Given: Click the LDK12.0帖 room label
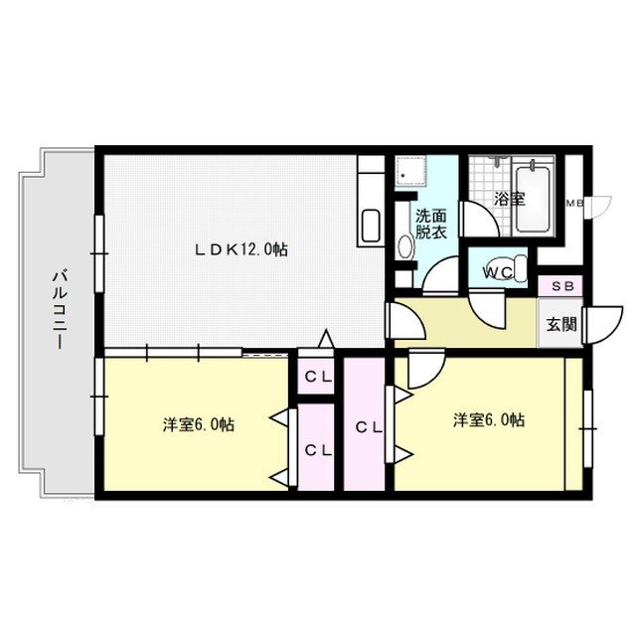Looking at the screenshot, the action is [240, 249].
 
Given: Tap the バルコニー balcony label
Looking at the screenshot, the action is [60, 310].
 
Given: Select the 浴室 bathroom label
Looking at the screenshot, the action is [510, 199].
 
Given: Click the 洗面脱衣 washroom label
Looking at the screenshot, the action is [430, 224].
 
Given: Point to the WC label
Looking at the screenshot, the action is [498, 273].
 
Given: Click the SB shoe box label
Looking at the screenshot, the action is [563, 286].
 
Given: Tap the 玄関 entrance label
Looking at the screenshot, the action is [560, 325].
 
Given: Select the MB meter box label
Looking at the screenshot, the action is [574, 204].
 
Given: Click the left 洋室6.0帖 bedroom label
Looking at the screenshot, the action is [199, 424].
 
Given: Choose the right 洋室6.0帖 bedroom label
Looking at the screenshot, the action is [489, 419].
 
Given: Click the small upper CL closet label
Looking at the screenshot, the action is [318, 378].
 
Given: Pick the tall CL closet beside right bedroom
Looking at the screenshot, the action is [369, 426].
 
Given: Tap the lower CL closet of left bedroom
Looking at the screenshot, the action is [318, 449].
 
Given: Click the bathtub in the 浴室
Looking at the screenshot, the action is [533, 200].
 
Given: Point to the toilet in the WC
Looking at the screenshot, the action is [510, 267].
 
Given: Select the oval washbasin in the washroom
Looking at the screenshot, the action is [405, 246].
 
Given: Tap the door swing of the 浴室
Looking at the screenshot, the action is [479, 220].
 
